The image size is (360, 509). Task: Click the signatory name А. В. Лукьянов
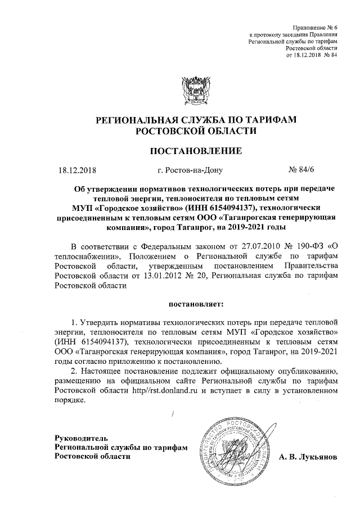[308, 457]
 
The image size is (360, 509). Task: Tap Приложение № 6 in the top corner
[316, 28]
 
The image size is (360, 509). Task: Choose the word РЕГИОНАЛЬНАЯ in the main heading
[132, 120]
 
